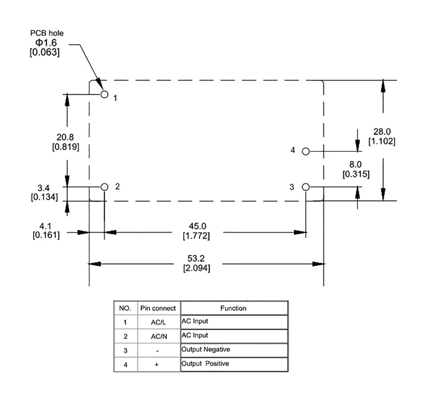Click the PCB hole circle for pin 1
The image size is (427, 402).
coord(104,94)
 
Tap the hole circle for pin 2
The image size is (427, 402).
coord(104,187)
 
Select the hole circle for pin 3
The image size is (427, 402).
coord(306,187)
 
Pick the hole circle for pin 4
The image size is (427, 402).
coord(306,151)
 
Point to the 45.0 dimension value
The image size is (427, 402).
coord(196,227)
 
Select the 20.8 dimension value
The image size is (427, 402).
coord(65,138)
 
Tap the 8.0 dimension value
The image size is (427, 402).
coord(356,165)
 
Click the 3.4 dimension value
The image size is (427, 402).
coord(44,188)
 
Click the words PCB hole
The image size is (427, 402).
coord(47,33)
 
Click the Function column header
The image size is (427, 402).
coord(233,309)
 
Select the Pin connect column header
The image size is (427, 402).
coord(158,309)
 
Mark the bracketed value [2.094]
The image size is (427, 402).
coord(196,269)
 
